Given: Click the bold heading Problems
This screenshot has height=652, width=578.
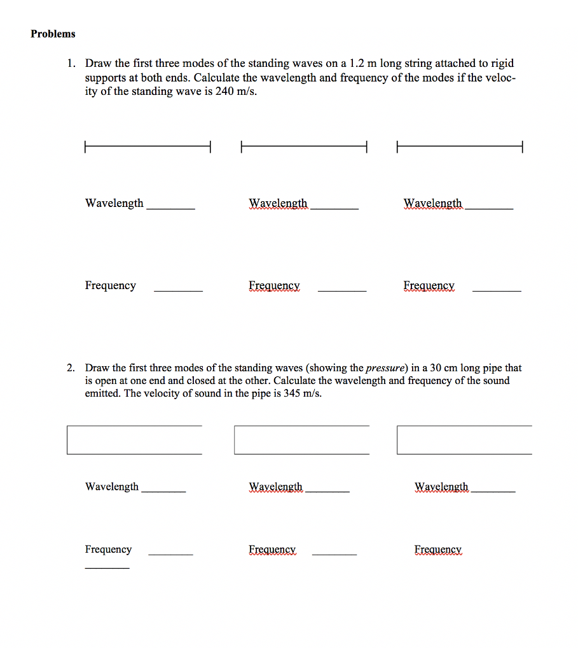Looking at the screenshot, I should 53,34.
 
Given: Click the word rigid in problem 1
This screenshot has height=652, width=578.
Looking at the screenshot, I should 502,64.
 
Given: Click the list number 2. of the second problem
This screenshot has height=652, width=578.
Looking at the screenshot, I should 72,368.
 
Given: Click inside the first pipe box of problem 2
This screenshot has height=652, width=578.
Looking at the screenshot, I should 134,440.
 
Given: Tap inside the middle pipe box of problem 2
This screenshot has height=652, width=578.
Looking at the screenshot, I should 301,440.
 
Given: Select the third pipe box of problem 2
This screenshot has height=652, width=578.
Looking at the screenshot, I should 464,440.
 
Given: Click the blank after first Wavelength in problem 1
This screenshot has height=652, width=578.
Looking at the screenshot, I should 170,206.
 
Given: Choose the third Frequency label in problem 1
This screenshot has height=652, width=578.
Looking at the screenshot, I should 429,286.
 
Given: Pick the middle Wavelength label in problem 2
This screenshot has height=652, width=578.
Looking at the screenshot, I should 276,487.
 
